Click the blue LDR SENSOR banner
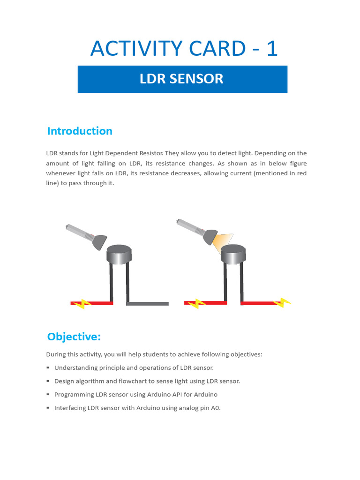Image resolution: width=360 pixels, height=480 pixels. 182,79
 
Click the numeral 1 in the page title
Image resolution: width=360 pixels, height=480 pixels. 272,48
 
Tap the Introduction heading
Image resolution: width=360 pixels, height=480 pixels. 80,131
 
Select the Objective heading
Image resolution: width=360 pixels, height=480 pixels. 74,337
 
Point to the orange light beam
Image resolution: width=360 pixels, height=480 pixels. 223,241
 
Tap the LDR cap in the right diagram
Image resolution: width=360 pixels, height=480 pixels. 233,255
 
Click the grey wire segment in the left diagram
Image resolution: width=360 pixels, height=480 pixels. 147,304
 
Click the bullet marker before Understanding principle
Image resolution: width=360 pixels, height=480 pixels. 48,368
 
